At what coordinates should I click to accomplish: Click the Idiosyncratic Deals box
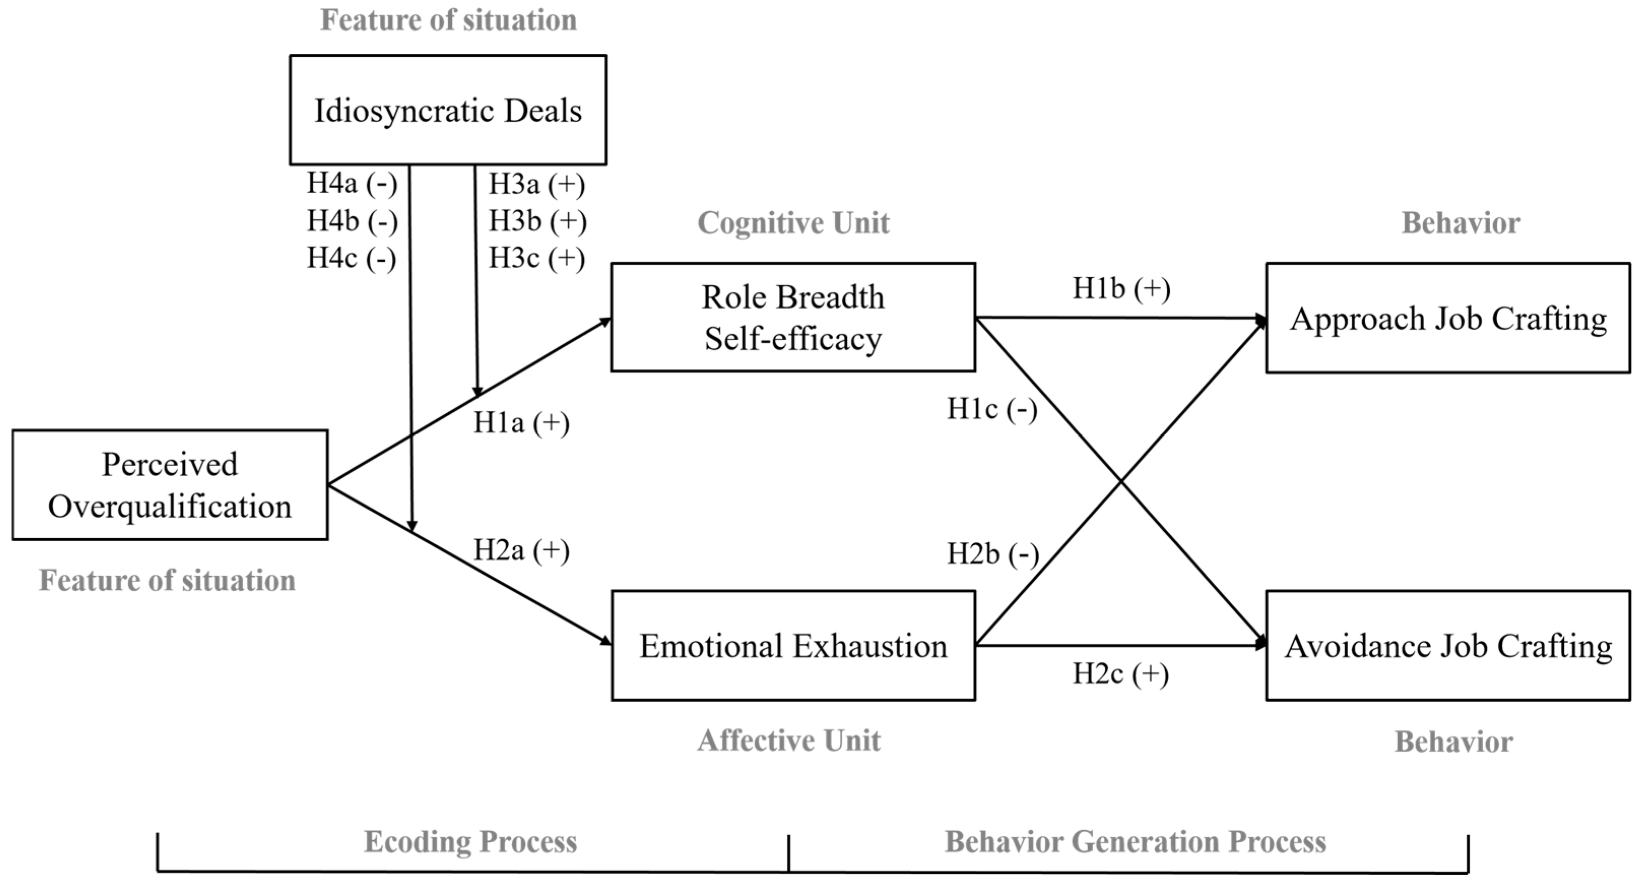448,110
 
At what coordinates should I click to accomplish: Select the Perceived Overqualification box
170,485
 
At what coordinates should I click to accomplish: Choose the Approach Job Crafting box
1448,318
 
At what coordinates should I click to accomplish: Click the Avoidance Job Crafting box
1448,645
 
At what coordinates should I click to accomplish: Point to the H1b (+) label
1121,288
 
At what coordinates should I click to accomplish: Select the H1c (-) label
992,409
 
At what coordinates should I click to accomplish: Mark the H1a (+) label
521,423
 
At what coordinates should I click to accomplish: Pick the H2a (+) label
521,550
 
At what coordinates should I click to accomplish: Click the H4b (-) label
352,221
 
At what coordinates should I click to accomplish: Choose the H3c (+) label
537,258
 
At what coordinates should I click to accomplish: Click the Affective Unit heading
789,741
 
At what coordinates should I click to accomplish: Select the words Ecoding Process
470,842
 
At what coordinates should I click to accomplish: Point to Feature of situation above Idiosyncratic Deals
448,20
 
